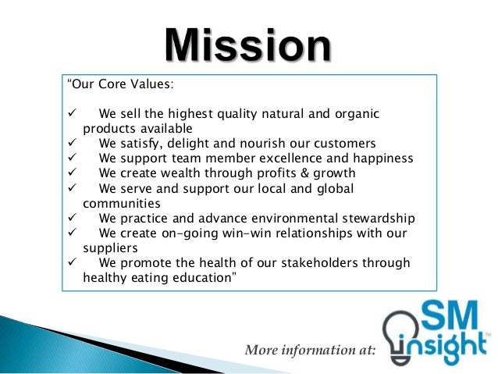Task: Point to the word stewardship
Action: pyautogui.click(x=380, y=219)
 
